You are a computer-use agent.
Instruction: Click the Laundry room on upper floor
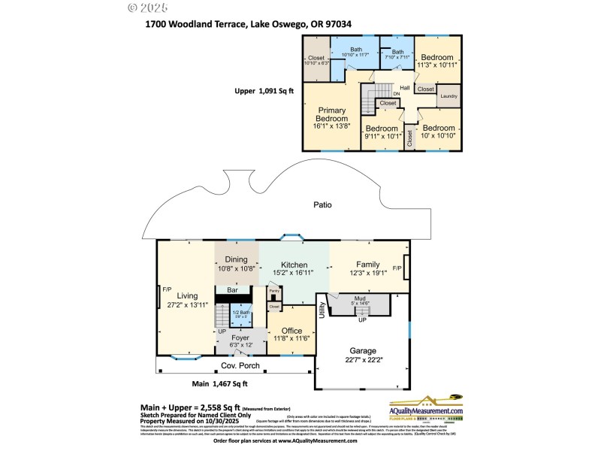click(x=448, y=95)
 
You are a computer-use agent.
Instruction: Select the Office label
click(x=291, y=331)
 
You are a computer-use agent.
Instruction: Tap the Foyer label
click(x=240, y=337)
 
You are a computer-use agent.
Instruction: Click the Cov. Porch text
click(x=240, y=366)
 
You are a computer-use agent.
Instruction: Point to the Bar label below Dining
click(x=232, y=289)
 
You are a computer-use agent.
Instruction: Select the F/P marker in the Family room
click(x=397, y=268)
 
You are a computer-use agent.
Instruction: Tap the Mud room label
click(x=360, y=298)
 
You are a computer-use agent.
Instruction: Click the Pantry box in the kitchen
click(x=274, y=290)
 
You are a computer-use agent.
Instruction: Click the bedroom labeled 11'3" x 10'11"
click(x=436, y=62)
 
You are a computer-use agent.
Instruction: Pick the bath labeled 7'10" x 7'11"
click(x=397, y=54)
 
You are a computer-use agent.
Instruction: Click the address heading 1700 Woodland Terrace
click(x=249, y=23)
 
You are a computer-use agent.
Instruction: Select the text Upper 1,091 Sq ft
click(x=264, y=91)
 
